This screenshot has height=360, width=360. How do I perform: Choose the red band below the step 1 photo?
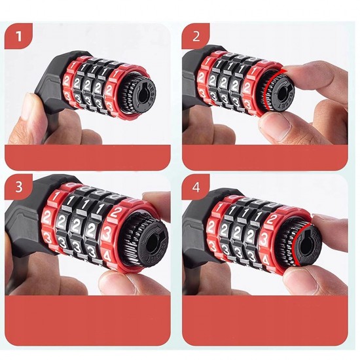click(88, 158)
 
